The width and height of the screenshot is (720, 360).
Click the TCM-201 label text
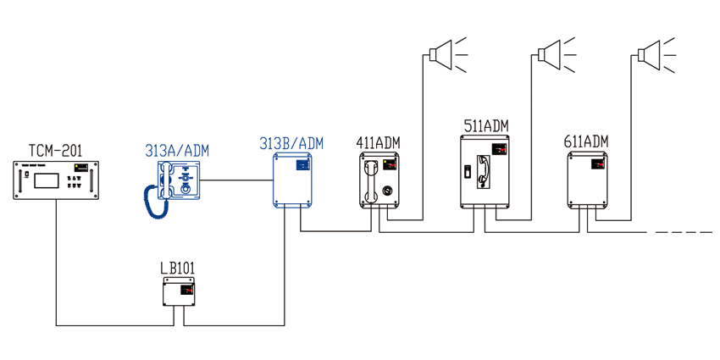click(56, 150)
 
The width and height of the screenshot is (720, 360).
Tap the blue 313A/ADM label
click(177, 150)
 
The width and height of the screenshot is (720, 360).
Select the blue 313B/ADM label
click(291, 143)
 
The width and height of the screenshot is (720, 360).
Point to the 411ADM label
click(378, 143)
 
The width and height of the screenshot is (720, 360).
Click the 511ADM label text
click(486, 126)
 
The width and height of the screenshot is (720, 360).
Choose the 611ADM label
click(586, 141)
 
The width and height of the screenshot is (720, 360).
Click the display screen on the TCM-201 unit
click(47, 179)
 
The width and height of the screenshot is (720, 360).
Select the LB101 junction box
click(179, 291)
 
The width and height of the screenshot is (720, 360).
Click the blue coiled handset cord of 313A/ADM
click(152, 202)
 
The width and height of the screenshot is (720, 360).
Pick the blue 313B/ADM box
click(293, 180)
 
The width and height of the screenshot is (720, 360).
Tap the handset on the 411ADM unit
click(371, 181)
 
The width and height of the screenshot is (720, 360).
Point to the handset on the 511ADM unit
click(484, 171)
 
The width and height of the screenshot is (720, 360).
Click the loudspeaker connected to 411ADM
click(446, 55)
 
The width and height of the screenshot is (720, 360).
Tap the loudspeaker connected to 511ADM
click(555, 55)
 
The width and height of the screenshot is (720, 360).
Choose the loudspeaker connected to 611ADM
click(656, 55)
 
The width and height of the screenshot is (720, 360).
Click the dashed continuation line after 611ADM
click(684, 232)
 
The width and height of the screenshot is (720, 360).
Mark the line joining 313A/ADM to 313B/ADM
click(237, 180)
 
